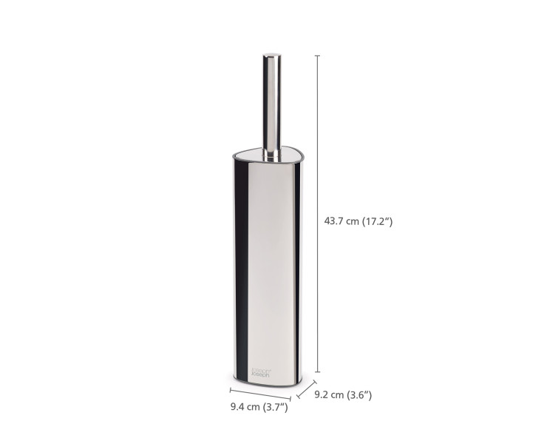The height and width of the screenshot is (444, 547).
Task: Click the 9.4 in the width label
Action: pos(238,406)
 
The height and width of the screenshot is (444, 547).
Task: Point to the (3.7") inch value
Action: pos(273,406)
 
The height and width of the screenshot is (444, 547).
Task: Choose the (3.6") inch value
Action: pos(357,395)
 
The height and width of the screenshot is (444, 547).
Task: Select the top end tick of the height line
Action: pos(318,55)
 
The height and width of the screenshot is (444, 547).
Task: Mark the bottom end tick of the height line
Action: pos(318,371)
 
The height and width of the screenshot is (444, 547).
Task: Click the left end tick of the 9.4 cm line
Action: pos(231,389)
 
